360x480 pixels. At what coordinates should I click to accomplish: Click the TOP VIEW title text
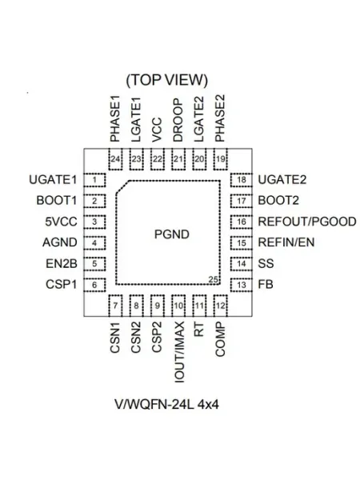click(167, 80)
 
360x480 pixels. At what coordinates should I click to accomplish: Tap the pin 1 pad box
click(94, 180)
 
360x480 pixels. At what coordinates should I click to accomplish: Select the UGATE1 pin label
click(53, 180)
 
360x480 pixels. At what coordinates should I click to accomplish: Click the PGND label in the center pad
click(172, 234)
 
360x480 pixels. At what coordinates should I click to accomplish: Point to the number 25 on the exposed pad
click(213, 279)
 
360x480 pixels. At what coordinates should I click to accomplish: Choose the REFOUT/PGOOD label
click(307, 222)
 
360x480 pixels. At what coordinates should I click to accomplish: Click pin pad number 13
click(242, 285)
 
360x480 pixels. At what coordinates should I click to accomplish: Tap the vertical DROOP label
click(178, 120)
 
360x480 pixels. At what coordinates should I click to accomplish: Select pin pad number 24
click(115, 159)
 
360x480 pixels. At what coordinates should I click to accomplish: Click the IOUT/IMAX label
click(179, 352)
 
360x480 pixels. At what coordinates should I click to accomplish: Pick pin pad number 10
click(178, 306)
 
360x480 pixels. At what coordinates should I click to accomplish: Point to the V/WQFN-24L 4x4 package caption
click(167, 405)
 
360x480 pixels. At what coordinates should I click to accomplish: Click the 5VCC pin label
click(61, 222)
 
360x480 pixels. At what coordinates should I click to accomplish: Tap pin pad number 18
click(242, 180)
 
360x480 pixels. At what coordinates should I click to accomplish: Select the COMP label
click(220, 339)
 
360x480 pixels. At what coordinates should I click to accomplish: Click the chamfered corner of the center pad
click(122, 186)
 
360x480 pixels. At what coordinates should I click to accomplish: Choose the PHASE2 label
click(220, 118)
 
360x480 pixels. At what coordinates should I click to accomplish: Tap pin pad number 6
click(94, 285)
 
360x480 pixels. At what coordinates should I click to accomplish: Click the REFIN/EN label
click(286, 242)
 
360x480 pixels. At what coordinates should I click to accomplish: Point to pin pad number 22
click(158, 159)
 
